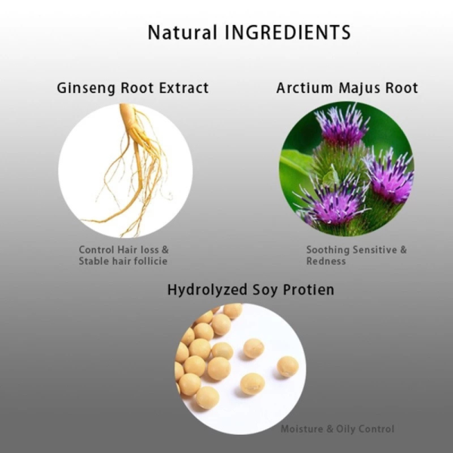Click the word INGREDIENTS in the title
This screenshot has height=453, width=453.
(x=288, y=32)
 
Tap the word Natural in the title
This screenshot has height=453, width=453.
(x=182, y=32)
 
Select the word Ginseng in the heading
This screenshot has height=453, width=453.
(x=86, y=88)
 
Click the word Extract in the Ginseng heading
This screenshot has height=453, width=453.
(x=183, y=88)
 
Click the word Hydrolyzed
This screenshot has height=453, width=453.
(x=207, y=290)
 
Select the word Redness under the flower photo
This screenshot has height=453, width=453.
(x=326, y=261)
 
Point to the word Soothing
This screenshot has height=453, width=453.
(x=328, y=250)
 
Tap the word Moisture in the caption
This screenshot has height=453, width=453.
(x=303, y=429)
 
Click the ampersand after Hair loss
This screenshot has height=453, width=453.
(x=165, y=250)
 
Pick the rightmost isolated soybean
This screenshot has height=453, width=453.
(x=288, y=367)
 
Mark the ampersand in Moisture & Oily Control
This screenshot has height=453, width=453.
(x=330, y=429)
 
